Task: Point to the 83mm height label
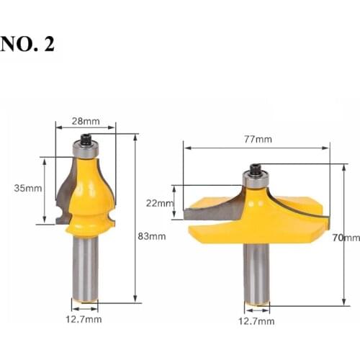tap(153, 235)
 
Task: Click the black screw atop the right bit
tap(255, 169)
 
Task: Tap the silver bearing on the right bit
tap(255, 181)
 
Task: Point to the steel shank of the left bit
tap(85, 266)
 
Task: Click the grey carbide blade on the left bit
tap(63, 194)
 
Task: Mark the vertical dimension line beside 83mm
tap(135, 216)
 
